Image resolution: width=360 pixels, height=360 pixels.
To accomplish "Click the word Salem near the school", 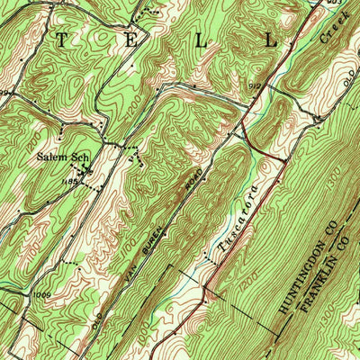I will (52, 156).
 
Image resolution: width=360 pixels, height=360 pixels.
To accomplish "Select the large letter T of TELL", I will (62, 40).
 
